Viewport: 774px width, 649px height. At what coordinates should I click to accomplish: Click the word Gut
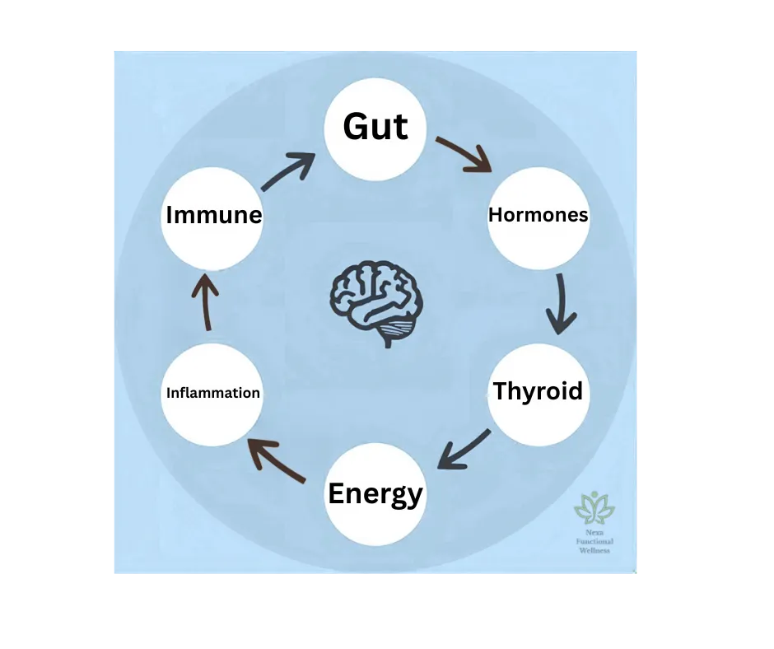(x=375, y=127)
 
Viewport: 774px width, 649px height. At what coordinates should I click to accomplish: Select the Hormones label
(x=538, y=215)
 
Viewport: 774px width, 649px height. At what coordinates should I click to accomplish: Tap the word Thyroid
(x=538, y=390)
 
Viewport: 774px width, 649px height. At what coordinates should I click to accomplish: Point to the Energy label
(x=375, y=493)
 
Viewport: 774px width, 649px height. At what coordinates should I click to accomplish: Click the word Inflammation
(x=213, y=393)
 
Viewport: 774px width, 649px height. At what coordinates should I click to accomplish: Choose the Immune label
(x=213, y=215)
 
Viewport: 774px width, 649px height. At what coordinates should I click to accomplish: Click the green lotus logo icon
(x=594, y=509)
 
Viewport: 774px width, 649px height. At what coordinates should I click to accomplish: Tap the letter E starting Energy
(x=336, y=493)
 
